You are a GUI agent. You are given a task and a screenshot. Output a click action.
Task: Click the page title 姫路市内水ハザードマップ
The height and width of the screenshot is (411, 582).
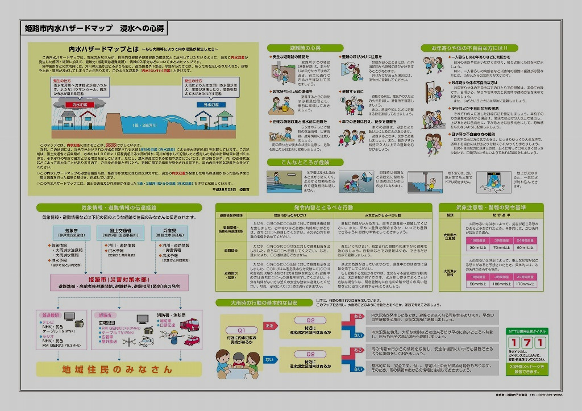(68, 28)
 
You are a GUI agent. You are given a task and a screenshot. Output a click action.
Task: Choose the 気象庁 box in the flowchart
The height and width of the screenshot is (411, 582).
(68, 233)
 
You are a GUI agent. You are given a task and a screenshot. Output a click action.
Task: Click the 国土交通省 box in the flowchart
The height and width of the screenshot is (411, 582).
(117, 233)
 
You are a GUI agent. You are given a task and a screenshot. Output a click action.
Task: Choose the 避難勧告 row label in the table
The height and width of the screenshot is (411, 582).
(231, 250)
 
